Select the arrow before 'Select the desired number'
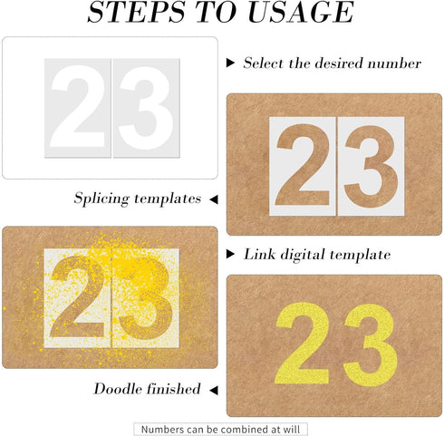click(231, 63)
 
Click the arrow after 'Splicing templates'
click(213, 198)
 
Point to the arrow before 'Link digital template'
click(231, 255)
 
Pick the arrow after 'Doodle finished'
click(213, 389)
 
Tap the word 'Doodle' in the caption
click(120, 389)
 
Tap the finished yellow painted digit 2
click(302, 344)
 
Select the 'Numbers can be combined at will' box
click(221, 428)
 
